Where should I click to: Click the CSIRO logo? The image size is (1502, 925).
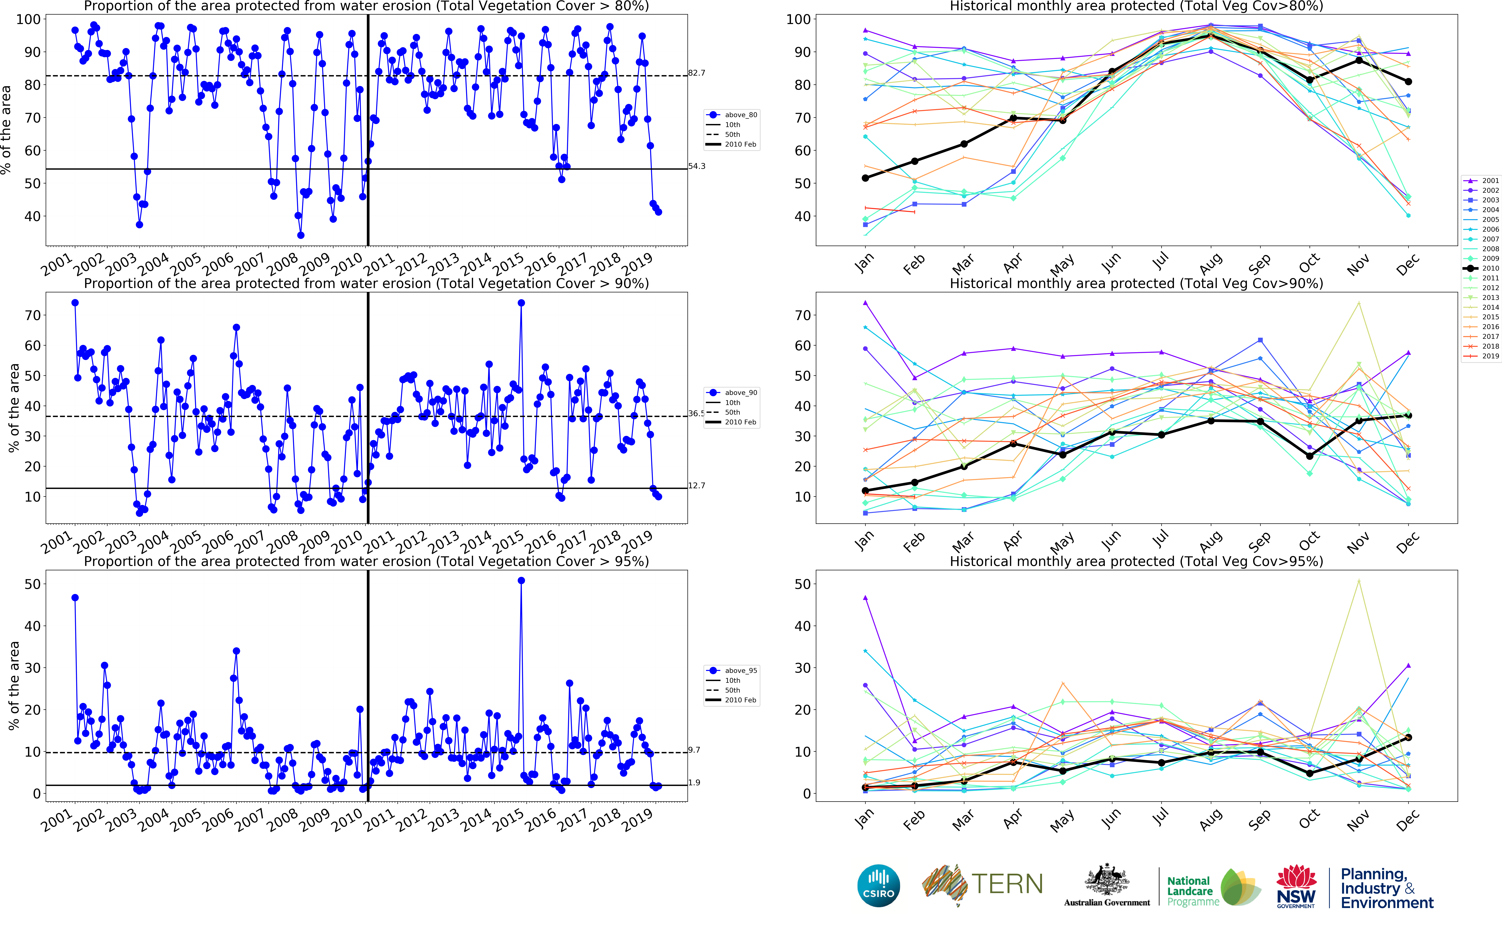(879, 885)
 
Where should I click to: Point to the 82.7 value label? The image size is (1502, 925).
(696, 73)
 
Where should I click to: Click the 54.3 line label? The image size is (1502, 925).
(696, 166)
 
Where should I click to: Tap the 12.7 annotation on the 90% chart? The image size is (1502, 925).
(696, 486)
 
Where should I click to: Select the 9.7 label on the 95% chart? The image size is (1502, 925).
(694, 750)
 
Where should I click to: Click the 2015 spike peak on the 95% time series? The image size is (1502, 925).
(521, 581)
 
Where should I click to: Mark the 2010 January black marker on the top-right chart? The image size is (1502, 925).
(865, 178)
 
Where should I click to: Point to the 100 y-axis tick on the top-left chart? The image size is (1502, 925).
(28, 20)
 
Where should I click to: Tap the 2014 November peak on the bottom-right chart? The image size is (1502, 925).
(1359, 581)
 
